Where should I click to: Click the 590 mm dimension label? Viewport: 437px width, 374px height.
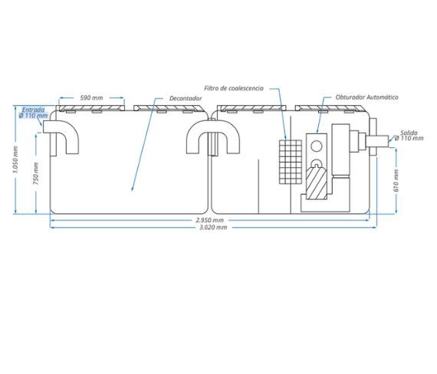tap(91, 98)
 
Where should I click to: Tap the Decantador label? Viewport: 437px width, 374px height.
tap(186, 98)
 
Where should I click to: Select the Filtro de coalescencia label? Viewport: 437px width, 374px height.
tap(234, 88)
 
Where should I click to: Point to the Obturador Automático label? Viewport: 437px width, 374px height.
tap(366, 97)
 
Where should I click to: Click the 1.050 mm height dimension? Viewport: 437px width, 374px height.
tap(15, 159)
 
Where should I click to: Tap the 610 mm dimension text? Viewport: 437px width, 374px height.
tap(396, 181)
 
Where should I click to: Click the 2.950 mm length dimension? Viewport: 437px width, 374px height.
tap(209, 220)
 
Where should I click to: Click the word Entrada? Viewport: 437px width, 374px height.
tap(33, 110)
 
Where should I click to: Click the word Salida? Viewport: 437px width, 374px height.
tap(409, 133)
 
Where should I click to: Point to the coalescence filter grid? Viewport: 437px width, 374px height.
tap(291, 162)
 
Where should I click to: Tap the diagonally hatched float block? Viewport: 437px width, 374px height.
tap(317, 183)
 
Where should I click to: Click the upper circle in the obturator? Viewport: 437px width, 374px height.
tap(317, 146)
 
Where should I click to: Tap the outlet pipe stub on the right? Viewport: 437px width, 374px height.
tap(377, 141)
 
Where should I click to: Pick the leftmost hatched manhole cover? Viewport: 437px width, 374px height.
tap(90, 108)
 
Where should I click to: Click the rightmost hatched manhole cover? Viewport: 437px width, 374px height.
tap(330, 108)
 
